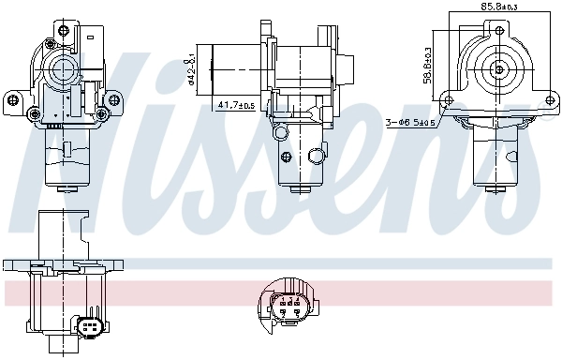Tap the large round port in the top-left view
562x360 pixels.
[x=65, y=67]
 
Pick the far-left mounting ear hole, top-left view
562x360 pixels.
[x=11, y=97]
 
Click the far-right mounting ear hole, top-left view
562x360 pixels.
[x=118, y=97]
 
